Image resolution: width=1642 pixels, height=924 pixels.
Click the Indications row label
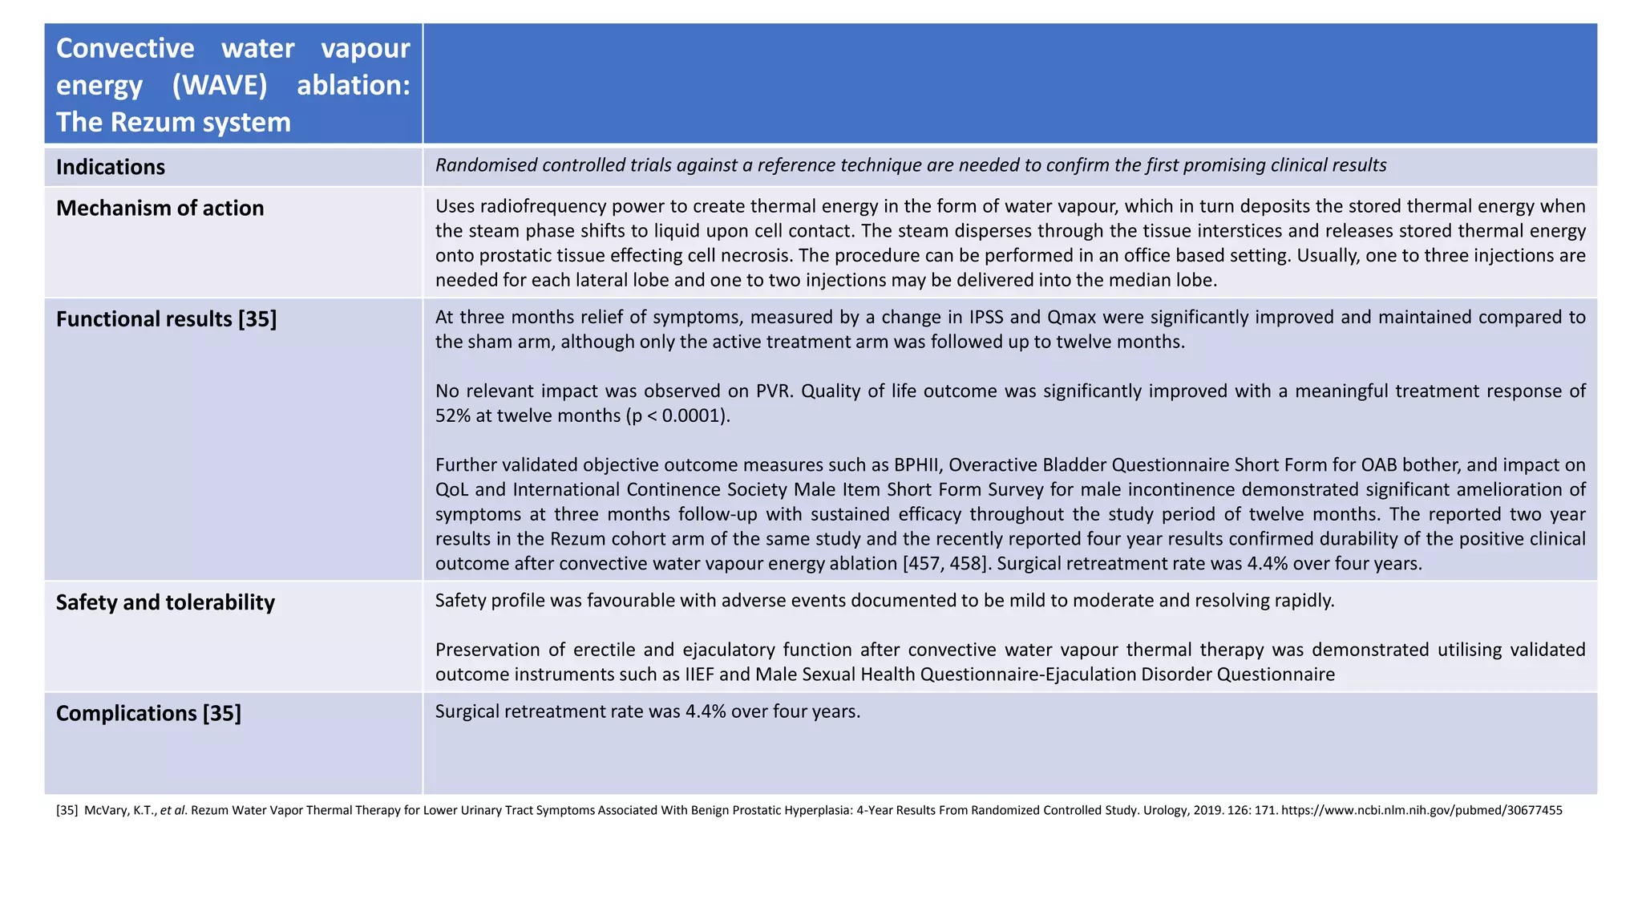pos(111,167)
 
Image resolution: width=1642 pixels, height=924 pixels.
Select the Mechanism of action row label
pos(160,208)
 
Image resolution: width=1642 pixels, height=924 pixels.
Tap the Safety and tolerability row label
pos(165,602)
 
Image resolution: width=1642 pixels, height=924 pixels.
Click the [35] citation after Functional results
pos(257,319)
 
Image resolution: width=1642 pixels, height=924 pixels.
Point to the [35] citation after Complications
pos(221,713)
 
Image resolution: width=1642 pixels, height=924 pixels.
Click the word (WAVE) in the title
pos(220,85)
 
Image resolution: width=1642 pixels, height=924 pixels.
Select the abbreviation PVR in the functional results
pos(774,391)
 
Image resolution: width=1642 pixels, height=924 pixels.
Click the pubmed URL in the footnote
pos(1421,810)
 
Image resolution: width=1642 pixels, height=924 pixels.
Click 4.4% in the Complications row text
pos(706,711)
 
